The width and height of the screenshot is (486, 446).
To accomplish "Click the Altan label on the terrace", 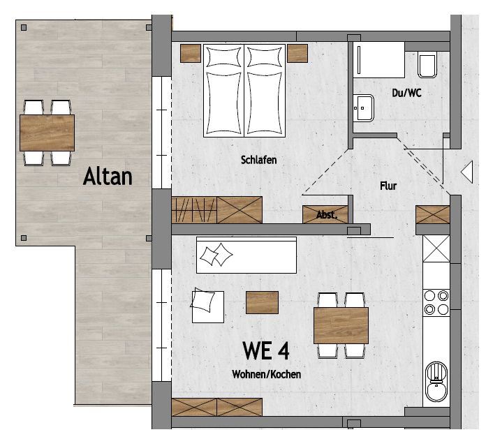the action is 108,176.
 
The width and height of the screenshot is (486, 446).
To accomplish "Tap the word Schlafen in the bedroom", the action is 258,160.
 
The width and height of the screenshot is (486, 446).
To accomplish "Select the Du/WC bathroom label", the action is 406,93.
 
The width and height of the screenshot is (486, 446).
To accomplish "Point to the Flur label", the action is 388,186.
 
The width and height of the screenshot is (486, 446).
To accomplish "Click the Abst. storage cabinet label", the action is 326,215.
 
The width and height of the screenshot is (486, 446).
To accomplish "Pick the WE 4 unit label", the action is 266,350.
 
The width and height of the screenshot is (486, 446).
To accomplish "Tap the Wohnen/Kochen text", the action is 267,374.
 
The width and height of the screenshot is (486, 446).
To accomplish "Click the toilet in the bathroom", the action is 427,64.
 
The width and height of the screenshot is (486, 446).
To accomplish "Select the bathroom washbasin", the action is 363,107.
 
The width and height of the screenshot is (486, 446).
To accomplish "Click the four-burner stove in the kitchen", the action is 436,302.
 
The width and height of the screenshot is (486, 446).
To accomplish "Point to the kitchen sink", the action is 436,382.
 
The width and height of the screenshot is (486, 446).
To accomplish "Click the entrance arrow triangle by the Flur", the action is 466,172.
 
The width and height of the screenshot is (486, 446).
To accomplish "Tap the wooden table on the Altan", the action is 47,133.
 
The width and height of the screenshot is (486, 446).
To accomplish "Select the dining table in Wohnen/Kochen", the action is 341,325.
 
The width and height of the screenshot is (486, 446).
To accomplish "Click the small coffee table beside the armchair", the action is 263,302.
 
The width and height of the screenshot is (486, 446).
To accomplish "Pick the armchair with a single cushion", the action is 207,306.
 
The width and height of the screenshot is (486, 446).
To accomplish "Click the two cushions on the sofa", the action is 216,255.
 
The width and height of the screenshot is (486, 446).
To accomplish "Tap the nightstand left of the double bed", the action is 191,53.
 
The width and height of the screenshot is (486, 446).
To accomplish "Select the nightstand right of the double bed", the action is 297,53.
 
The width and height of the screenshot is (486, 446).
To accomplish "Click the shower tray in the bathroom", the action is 379,60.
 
